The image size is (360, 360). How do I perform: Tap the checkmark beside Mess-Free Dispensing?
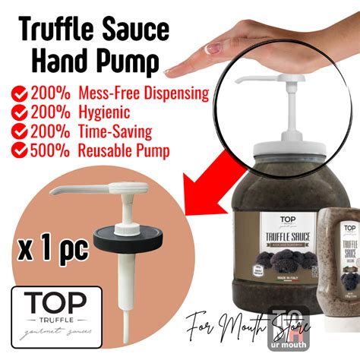(19, 95)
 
